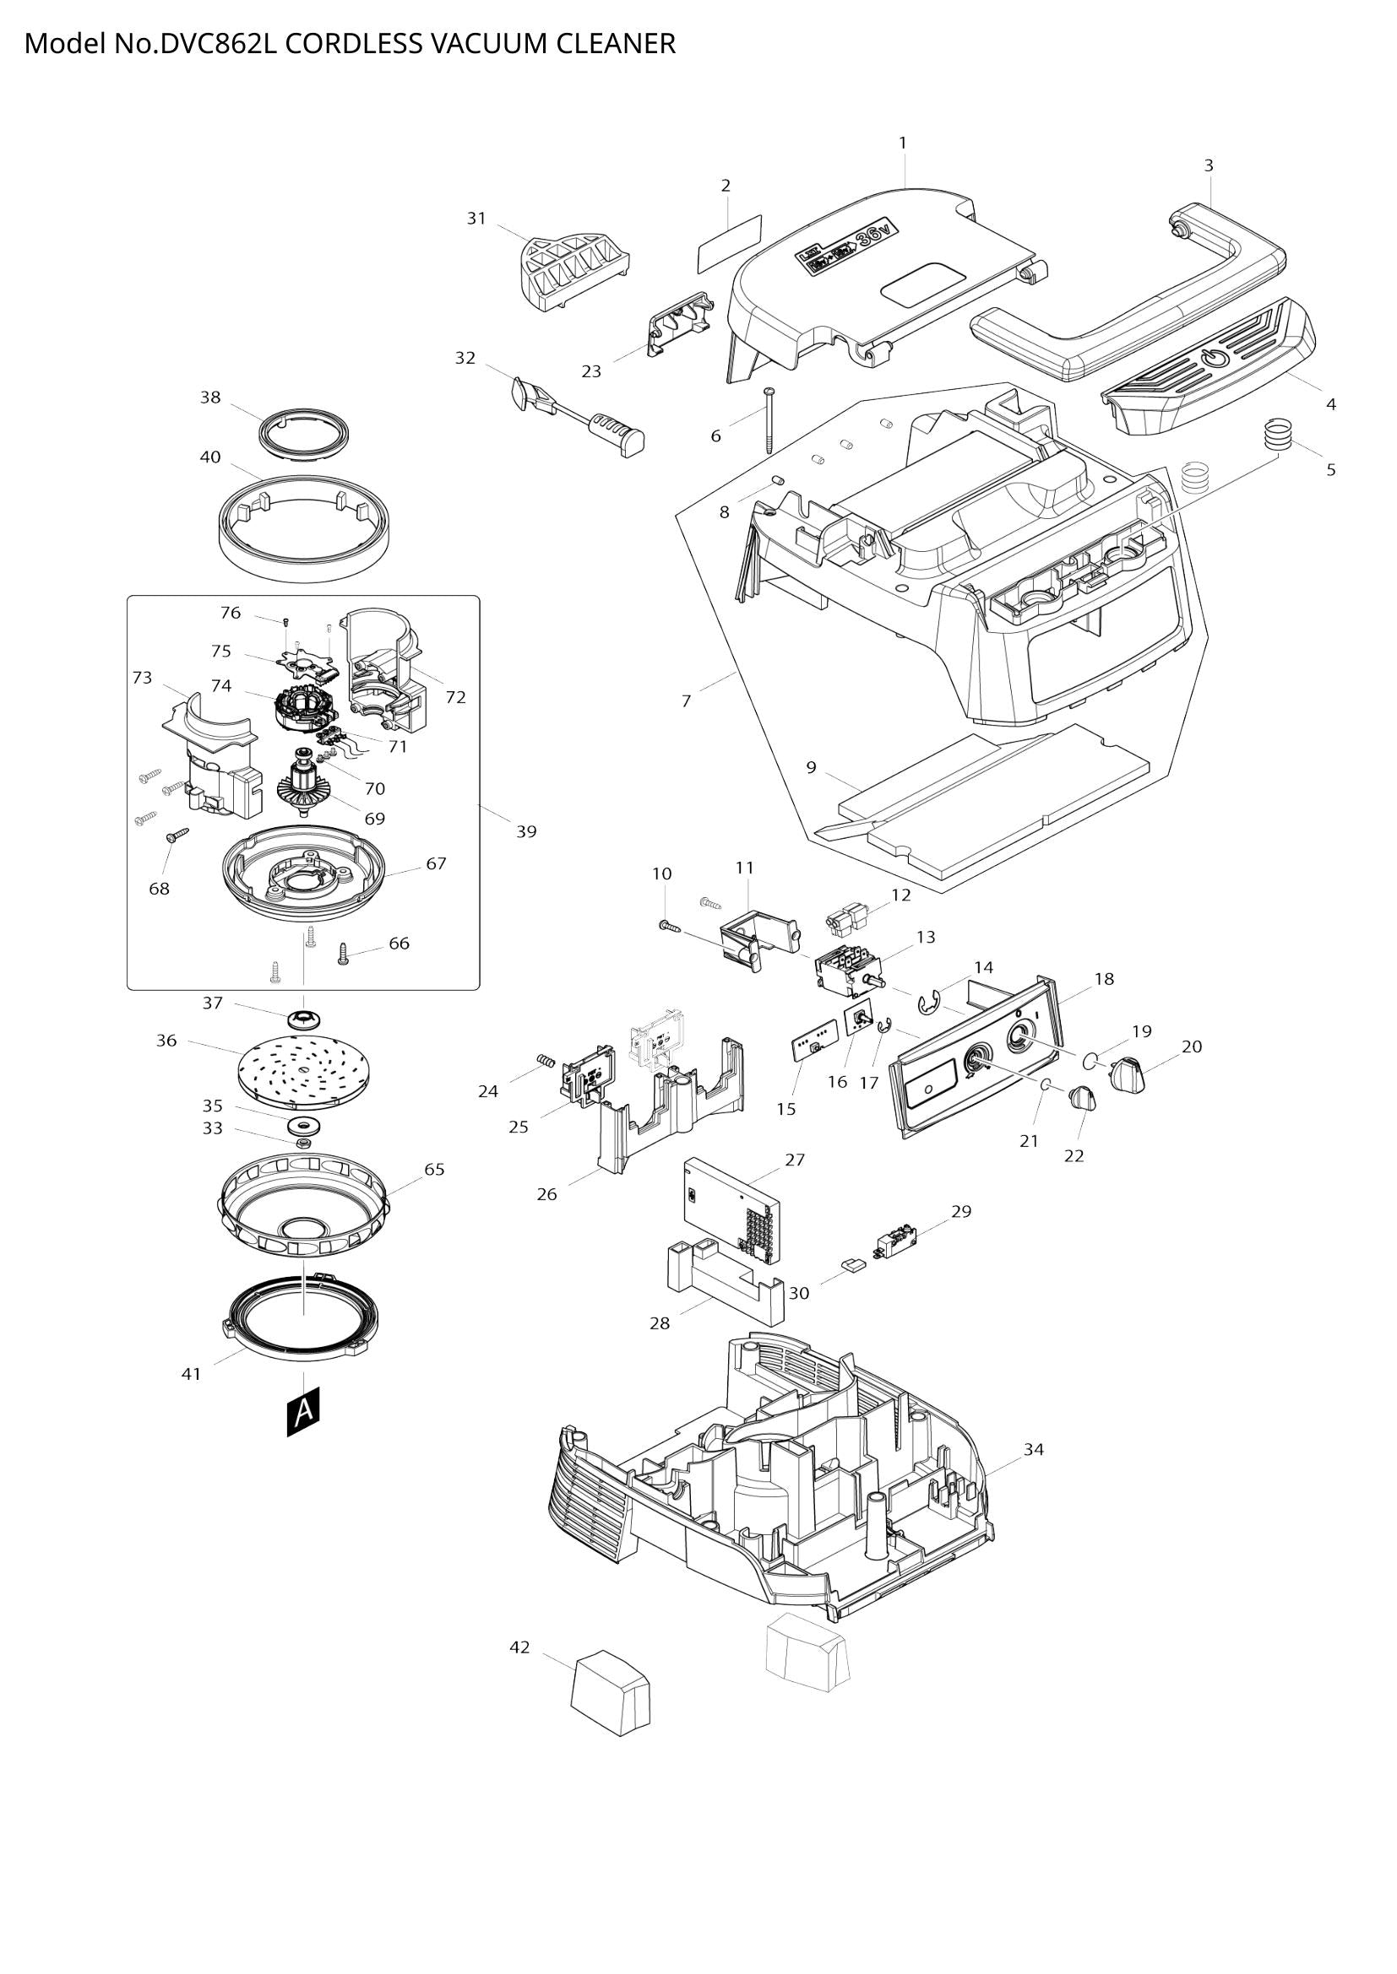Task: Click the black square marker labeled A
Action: coord(303,1411)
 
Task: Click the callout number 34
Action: coord(1033,1450)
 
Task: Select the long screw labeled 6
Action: coord(768,419)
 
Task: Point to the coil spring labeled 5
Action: coord(1279,431)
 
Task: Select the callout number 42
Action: coord(519,1647)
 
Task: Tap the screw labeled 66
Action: coord(343,953)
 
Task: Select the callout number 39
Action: coord(525,831)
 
